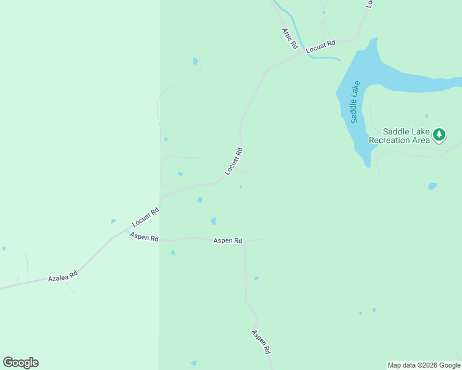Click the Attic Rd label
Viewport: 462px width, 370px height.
tap(290, 38)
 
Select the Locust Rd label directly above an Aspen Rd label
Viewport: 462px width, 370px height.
tap(146, 218)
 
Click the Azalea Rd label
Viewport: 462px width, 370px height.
tap(62, 278)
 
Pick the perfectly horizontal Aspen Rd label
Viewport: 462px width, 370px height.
tap(227, 240)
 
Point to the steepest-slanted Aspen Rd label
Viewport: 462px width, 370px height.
tap(261, 341)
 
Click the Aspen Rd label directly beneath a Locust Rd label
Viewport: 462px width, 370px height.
tap(144, 237)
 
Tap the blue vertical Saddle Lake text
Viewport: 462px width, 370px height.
tap(355, 102)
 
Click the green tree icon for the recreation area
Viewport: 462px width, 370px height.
tap(439, 134)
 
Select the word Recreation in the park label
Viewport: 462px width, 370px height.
tap(390, 140)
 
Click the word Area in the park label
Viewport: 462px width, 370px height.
tap(421, 140)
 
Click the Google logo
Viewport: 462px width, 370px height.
tap(20, 363)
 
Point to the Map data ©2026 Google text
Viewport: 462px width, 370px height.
tap(424, 365)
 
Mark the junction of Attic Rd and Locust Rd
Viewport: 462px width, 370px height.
tap(304, 53)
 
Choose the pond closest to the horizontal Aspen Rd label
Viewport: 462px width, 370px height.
tap(213, 221)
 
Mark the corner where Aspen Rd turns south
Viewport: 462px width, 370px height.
tap(245, 241)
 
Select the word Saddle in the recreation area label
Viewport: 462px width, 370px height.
tap(395, 131)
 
